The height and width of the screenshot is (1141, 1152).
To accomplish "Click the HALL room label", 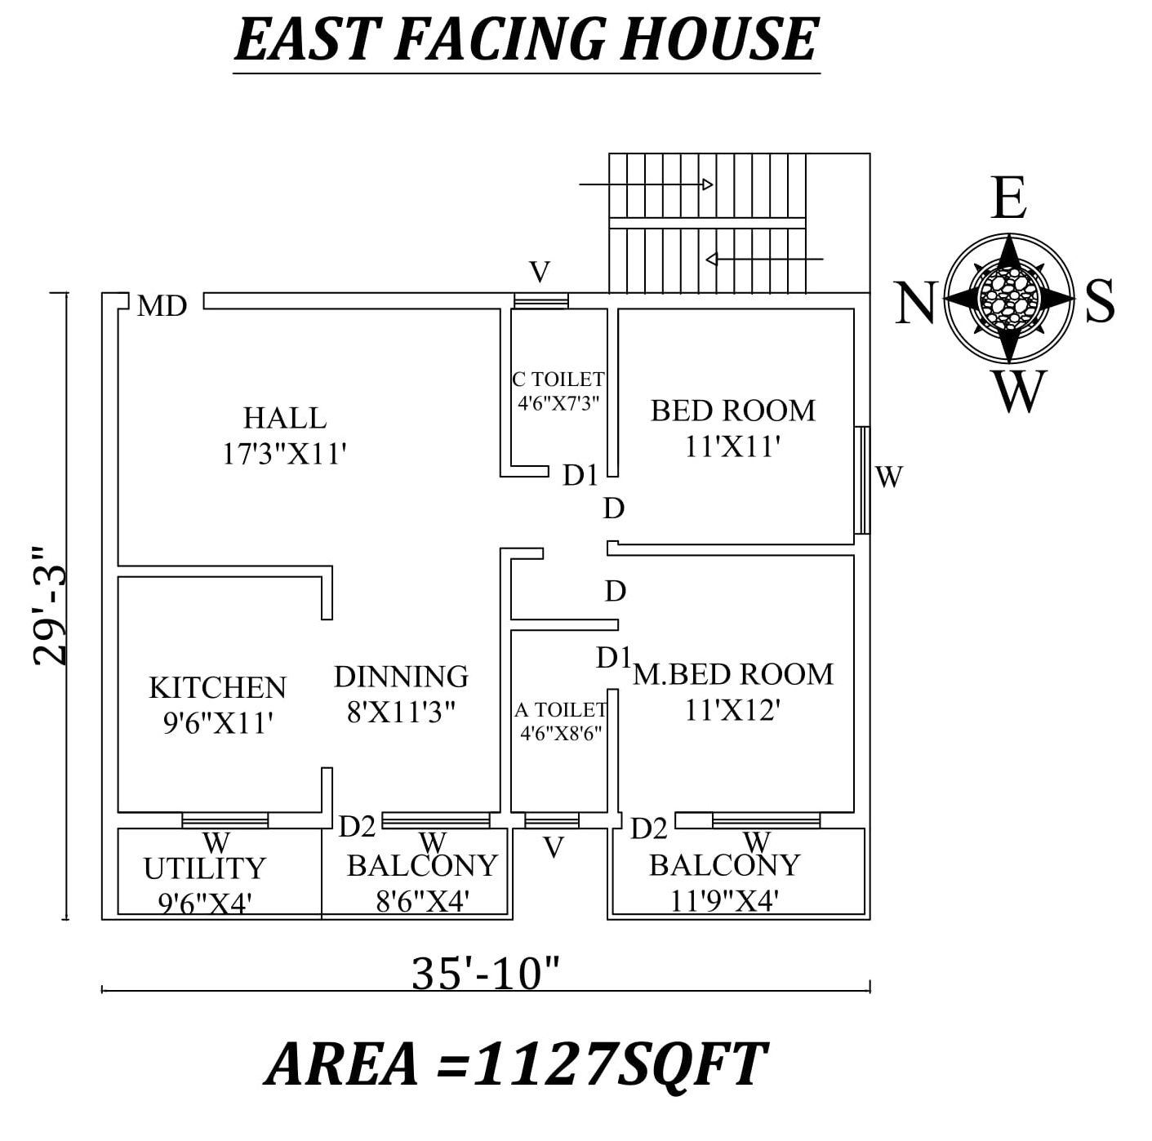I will pos(285,418).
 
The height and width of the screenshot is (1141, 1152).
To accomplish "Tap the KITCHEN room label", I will pos(218,687).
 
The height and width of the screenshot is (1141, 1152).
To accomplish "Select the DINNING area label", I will pos(401,677).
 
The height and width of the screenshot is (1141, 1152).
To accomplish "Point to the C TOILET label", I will pos(558,380).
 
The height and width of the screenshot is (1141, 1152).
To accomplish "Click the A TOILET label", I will pos(560,710).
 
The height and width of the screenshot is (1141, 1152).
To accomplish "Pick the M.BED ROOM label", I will pos(733,674).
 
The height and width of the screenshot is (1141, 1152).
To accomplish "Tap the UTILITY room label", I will pos(205,868).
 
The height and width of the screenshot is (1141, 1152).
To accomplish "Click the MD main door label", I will pos(162,306).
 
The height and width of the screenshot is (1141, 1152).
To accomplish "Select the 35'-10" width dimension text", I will pos(486,973).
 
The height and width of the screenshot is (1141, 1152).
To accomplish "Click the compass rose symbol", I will pos(1009,299).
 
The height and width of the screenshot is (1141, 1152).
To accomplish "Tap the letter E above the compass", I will pos(1009,199).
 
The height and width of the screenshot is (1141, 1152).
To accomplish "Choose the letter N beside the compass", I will pos(914,303).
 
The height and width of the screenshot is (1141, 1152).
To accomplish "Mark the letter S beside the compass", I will pos(1100,300).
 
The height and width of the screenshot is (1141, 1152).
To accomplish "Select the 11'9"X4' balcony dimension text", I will pos(724,901).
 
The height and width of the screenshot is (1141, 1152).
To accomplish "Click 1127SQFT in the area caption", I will pos(619,1064).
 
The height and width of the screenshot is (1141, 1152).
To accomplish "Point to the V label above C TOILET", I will pos(540,272).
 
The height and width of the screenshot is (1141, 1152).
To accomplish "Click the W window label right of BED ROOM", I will pos(889,476).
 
